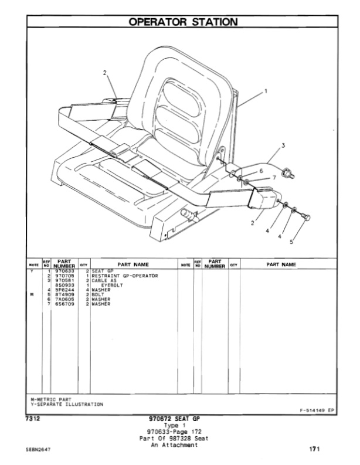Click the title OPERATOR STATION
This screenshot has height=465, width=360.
(183, 22)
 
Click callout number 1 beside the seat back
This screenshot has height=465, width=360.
(266, 91)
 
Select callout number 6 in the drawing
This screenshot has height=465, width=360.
(261, 170)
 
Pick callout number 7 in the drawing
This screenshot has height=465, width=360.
(274, 177)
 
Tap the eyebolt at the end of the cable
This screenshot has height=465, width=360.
(287, 172)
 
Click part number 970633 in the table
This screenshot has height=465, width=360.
(63, 270)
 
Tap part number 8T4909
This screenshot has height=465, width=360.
(63, 294)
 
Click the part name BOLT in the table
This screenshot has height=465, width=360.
(97, 294)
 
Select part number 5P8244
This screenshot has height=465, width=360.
(63, 290)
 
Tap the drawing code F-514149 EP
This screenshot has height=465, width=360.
(317, 410)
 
